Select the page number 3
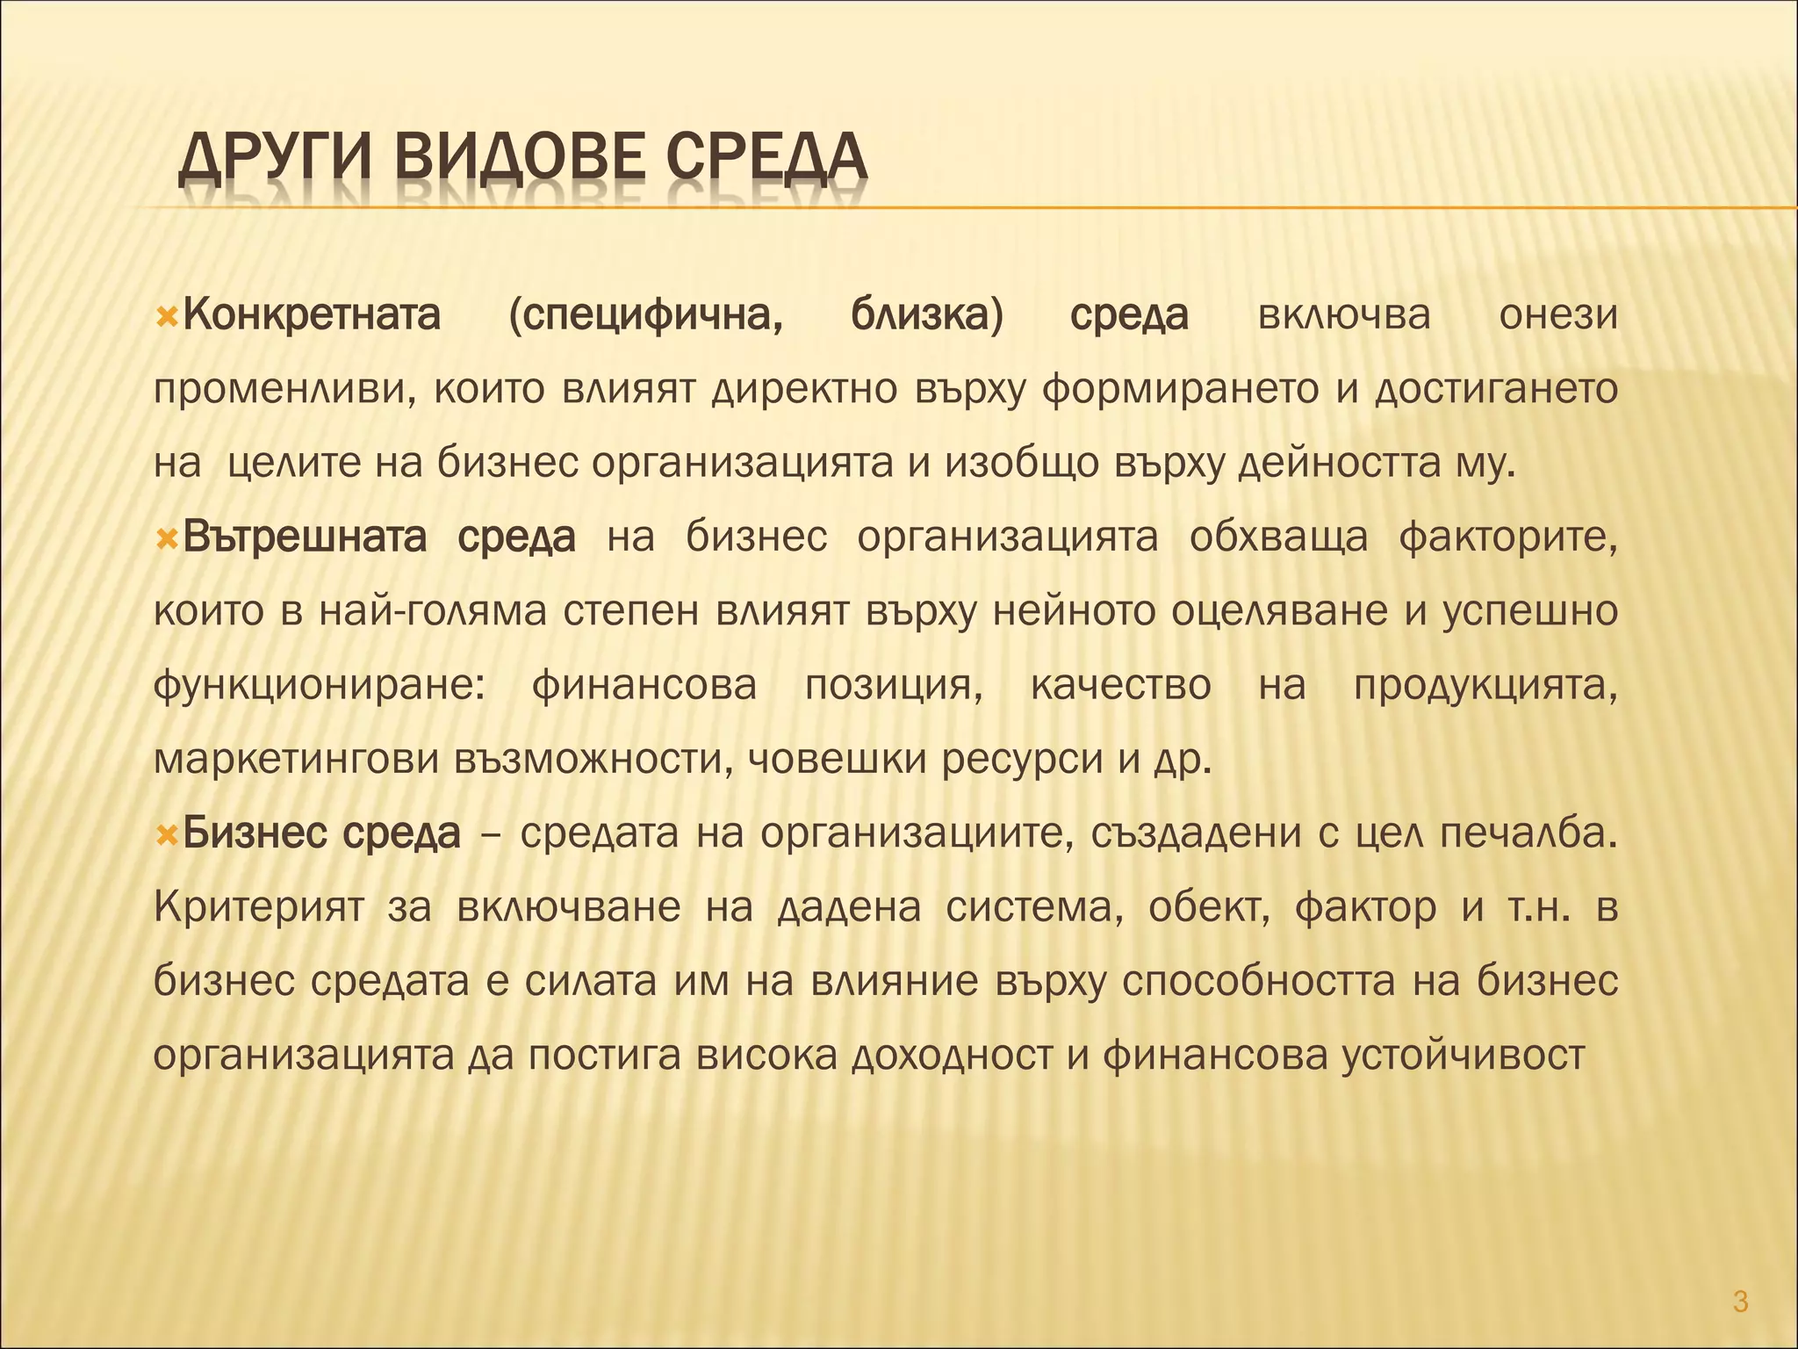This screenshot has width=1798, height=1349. coord(1740,1302)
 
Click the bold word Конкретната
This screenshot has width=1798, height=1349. coord(312,315)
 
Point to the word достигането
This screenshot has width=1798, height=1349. coord(1496,389)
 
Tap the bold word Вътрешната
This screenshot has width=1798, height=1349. coord(305,537)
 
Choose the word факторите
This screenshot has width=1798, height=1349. coord(1508,537)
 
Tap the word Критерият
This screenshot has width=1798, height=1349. coord(259,907)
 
